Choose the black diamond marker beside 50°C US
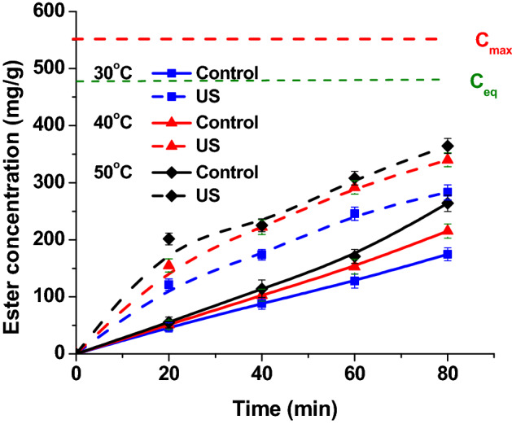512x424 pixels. coord(172,196)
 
